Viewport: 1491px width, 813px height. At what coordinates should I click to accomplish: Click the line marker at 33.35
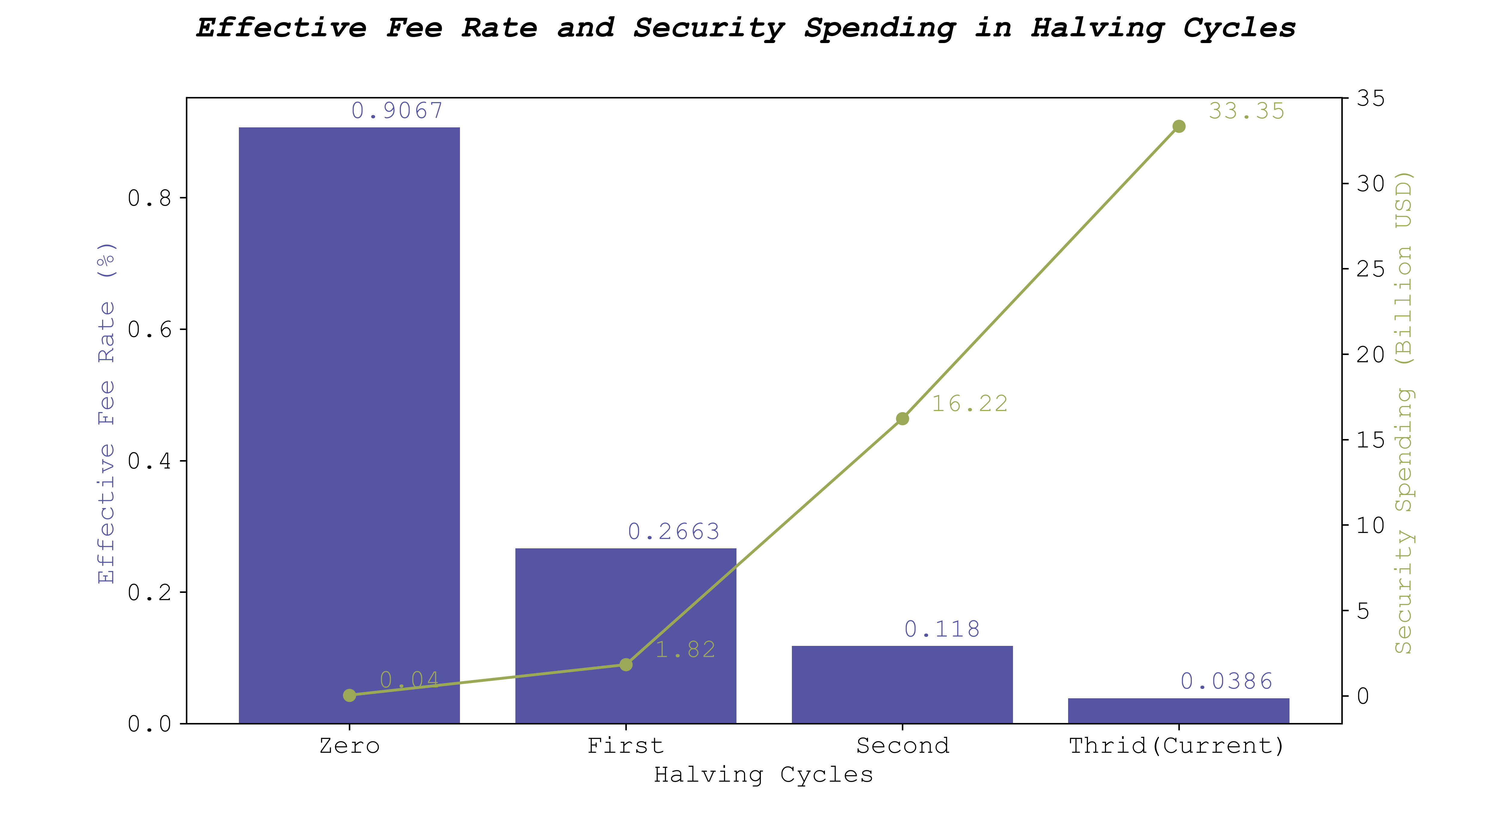(1178, 126)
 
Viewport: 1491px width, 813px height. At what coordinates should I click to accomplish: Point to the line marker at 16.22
(902, 418)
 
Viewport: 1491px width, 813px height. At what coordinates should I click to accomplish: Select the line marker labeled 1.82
(626, 664)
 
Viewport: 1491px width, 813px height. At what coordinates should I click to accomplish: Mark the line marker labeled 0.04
(349, 695)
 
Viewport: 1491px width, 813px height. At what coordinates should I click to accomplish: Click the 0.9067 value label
(397, 111)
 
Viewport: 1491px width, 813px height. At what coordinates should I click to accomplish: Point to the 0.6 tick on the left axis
(149, 329)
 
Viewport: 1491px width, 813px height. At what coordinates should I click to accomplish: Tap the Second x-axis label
(902, 746)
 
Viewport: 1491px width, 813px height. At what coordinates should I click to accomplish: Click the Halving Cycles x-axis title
(763, 774)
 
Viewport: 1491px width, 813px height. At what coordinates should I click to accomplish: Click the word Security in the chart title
(708, 28)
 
